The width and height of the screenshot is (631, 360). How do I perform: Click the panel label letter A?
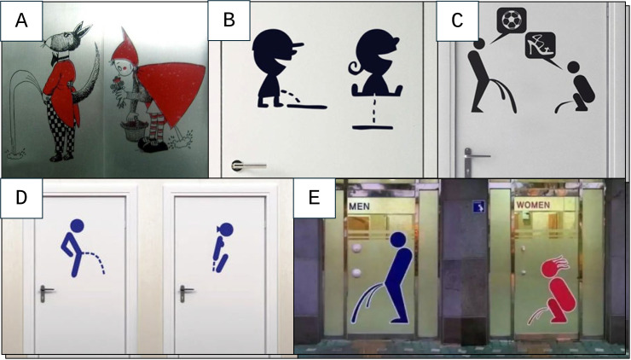[21, 20]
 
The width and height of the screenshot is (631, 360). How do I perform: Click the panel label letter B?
[229, 20]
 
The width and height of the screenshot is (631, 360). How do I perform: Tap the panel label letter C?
[457, 20]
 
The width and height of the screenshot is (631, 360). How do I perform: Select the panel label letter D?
[21, 198]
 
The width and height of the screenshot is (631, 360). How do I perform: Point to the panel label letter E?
[314, 199]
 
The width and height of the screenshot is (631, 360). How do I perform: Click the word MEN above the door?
[359, 206]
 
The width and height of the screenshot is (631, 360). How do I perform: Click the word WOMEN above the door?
[533, 205]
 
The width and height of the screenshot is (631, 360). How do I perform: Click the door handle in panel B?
[249, 165]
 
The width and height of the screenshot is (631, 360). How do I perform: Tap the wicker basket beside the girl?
[134, 129]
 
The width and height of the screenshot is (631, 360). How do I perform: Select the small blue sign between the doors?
[479, 207]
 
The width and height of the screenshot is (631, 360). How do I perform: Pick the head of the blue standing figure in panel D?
[77, 226]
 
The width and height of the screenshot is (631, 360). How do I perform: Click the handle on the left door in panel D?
[46, 293]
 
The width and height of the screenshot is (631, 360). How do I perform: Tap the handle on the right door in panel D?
[186, 293]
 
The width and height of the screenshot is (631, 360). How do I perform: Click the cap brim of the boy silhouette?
[297, 44]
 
